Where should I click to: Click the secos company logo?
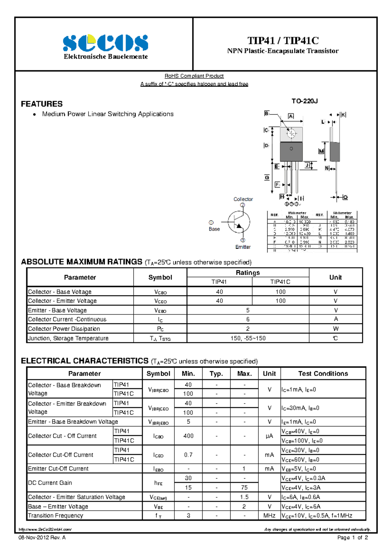tap(105, 43)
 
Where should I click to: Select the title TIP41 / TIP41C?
tap(283, 40)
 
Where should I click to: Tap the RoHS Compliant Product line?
tap(194, 76)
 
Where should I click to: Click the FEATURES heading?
tap(42, 104)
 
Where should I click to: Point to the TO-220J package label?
tap(304, 101)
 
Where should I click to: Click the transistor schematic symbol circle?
tap(239, 222)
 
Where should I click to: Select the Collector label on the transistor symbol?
tap(243, 199)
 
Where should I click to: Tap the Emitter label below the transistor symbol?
tap(243, 247)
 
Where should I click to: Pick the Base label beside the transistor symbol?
tap(214, 229)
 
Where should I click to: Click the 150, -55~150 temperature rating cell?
tap(248, 338)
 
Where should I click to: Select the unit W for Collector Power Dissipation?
tap(335, 329)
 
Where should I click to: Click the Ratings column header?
tap(248, 273)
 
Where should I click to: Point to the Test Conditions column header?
tap(323, 374)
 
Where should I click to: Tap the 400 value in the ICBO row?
tap(188, 436)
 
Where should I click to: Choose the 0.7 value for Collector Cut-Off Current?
tap(188, 455)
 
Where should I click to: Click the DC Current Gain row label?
tap(50, 483)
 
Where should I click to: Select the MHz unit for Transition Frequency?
tap(269, 516)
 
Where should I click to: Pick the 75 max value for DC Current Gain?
tap(244, 488)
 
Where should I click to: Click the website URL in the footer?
tap(45, 530)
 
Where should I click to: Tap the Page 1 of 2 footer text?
tap(352, 538)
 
